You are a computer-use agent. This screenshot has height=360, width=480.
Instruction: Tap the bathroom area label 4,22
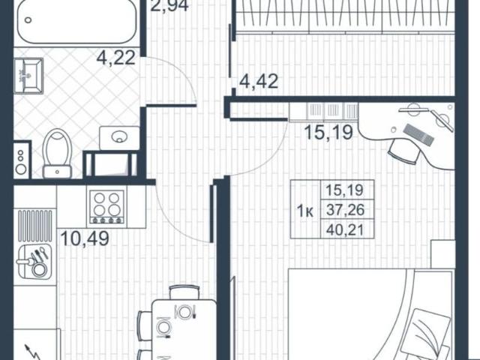115,58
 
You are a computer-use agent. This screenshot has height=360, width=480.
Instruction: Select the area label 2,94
169,9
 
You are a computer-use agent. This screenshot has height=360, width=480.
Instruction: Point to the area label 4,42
259,80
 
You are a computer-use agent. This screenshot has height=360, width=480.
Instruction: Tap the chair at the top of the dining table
182,292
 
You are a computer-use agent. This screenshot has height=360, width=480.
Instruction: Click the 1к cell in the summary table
305,210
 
